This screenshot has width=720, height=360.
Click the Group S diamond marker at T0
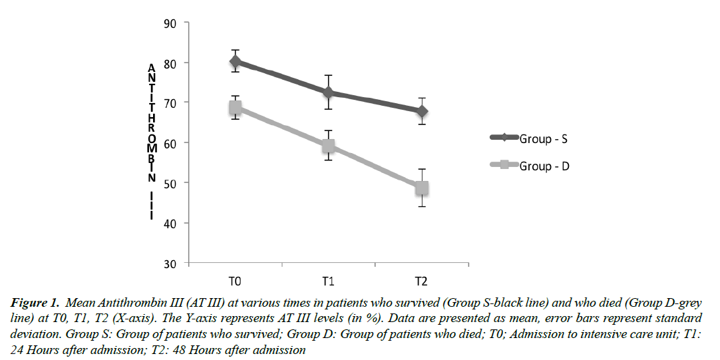(x=236, y=62)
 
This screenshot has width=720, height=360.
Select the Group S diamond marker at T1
(x=328, y=92)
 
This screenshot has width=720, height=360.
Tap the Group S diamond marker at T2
(x=421, y=111)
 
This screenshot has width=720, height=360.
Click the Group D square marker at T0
(x=236, y=108)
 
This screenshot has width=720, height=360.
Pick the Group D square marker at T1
(x=328, y=146)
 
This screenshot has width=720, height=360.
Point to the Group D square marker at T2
(x=421, y=188)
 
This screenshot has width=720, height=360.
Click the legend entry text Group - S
(x=543, y=139)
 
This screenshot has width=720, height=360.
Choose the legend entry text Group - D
(x=544, y=166)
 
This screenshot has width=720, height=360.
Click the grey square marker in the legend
(x=504, y=165)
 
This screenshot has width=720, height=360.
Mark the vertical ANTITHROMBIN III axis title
(x=152, y=140)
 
